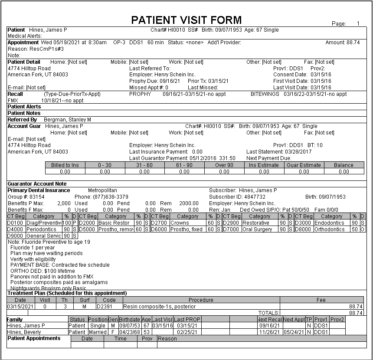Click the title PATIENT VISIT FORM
point(186,20)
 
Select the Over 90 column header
point(224,165)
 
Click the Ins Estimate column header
point(264,165)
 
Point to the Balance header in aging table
point(344,165)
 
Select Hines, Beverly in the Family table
point(24,332)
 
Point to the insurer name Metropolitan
point(102,190)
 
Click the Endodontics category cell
point(331,223)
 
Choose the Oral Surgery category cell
point(258,229)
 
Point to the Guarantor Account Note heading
point(37,184)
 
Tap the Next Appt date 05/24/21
point(293,332)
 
